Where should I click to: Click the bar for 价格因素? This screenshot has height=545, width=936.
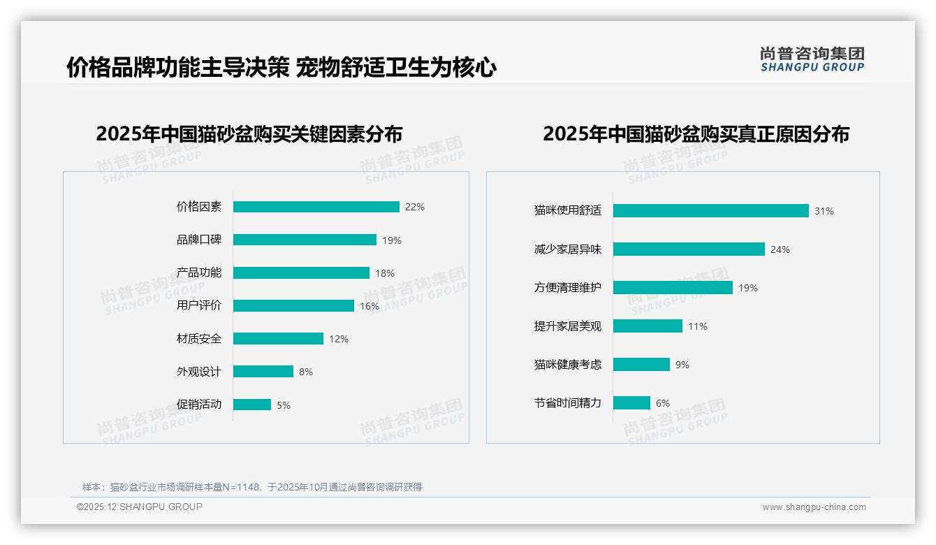click(316, 207)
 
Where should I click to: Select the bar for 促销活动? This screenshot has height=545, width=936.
click(251, 405)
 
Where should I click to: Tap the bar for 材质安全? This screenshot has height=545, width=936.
click(278, 339)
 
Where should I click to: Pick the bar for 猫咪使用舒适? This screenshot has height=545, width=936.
click(710, 211)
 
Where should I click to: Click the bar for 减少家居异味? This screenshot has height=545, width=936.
click(689, 249)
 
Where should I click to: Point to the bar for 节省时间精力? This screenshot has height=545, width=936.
click(631, 403)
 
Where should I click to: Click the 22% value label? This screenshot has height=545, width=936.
click(415, 207)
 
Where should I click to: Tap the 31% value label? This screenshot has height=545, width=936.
click(824, 211)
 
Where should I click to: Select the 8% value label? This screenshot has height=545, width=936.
click(306, 372)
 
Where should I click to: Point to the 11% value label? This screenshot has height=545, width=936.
click(698, 326)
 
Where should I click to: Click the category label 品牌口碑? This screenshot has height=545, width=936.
click(198, 240)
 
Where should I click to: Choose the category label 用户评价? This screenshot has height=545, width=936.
click(198, 305)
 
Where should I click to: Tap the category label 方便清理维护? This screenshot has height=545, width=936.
click(567, 288)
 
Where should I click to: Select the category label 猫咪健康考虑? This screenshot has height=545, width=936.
click(567, 365)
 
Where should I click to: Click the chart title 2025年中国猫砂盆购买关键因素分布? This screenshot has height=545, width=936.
click(249, 133)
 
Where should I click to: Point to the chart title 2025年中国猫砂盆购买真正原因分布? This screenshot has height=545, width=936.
click(696, 133)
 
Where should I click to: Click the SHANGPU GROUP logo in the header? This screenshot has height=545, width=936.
click(812, 59)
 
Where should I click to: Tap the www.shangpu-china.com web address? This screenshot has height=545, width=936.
click(814, 507)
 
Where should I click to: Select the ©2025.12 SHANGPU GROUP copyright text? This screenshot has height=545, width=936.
click(140, 507)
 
